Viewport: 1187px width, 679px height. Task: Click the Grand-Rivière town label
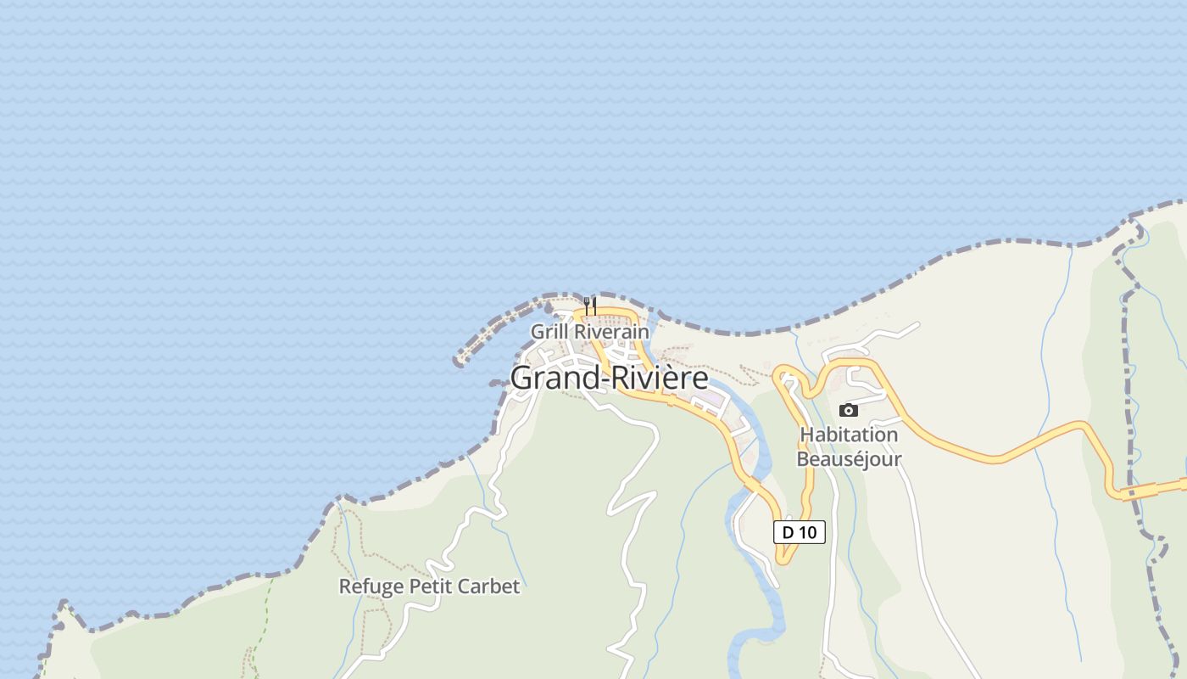coord(609,378)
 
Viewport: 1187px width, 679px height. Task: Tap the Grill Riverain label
coord(589,332)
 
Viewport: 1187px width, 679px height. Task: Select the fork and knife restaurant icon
coord(590,306)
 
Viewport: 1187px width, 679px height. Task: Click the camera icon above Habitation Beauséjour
coord(848,411)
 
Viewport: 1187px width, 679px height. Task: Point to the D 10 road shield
coord(799,532)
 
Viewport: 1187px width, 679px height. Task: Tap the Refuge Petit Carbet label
coord(429,586)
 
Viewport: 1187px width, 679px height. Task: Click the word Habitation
coord(849,435)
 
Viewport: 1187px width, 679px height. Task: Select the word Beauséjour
coord(849,459)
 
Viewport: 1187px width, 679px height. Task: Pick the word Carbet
coord(489,586)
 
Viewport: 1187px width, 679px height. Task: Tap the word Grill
coord(547,332)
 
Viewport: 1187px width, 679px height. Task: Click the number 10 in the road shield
coord(808,532)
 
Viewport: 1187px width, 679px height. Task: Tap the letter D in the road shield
coord(788,532)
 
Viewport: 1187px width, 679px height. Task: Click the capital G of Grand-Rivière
coord(522,378)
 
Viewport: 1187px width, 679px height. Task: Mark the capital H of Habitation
coord(807,435)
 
